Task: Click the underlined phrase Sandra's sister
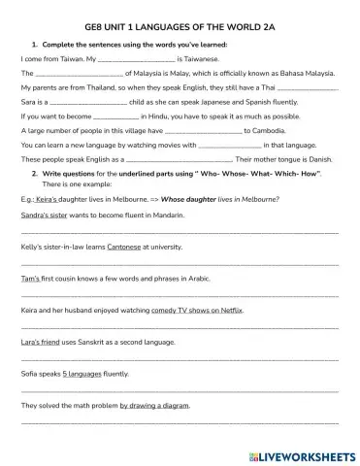point(44,213)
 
